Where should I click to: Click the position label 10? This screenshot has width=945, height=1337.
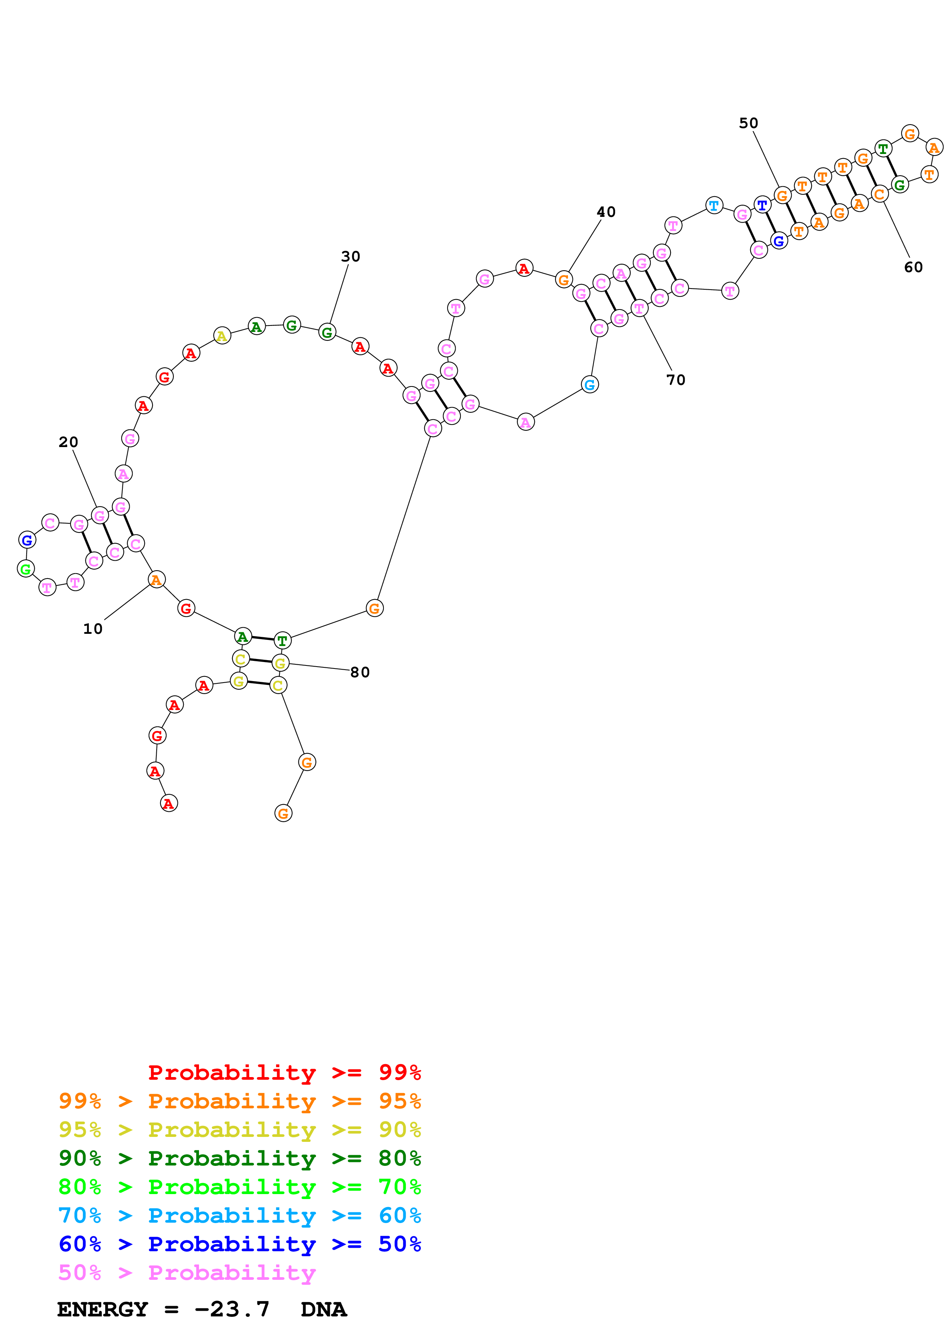point(93,629)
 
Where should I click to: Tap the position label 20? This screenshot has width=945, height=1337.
point(68,442)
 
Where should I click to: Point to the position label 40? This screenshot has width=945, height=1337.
point(606,212)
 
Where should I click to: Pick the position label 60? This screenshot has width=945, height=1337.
point(914,267)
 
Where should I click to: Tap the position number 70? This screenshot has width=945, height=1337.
point(676,380)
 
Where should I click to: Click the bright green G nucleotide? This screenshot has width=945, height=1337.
point(26,569)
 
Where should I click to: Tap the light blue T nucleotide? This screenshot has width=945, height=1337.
point(714,205)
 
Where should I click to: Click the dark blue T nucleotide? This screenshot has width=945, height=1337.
point(762,205)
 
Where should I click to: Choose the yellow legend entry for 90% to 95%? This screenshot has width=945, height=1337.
point(239,1129)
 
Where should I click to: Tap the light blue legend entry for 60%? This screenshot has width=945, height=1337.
point(239,1215)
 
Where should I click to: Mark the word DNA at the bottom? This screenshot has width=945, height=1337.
point(324,1309)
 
